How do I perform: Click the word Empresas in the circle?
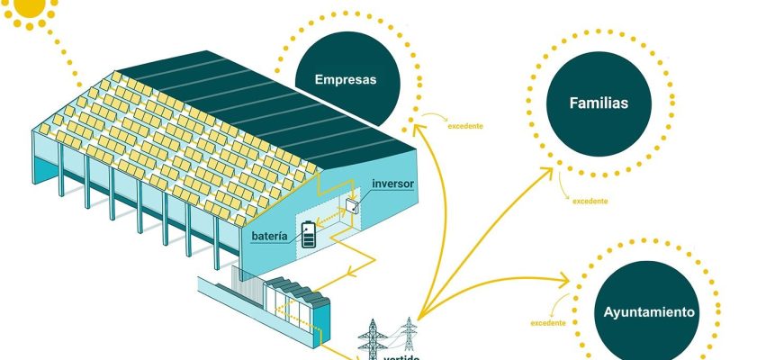pos(345,79)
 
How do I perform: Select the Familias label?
pos(599,103)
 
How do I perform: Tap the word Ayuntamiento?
pos(649,313)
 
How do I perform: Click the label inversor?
pos(392,184)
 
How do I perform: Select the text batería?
pos(270,236)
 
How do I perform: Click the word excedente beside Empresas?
pos(465,126)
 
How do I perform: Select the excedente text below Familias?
pos(590,201)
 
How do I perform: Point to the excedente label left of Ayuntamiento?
pos(548,322)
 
